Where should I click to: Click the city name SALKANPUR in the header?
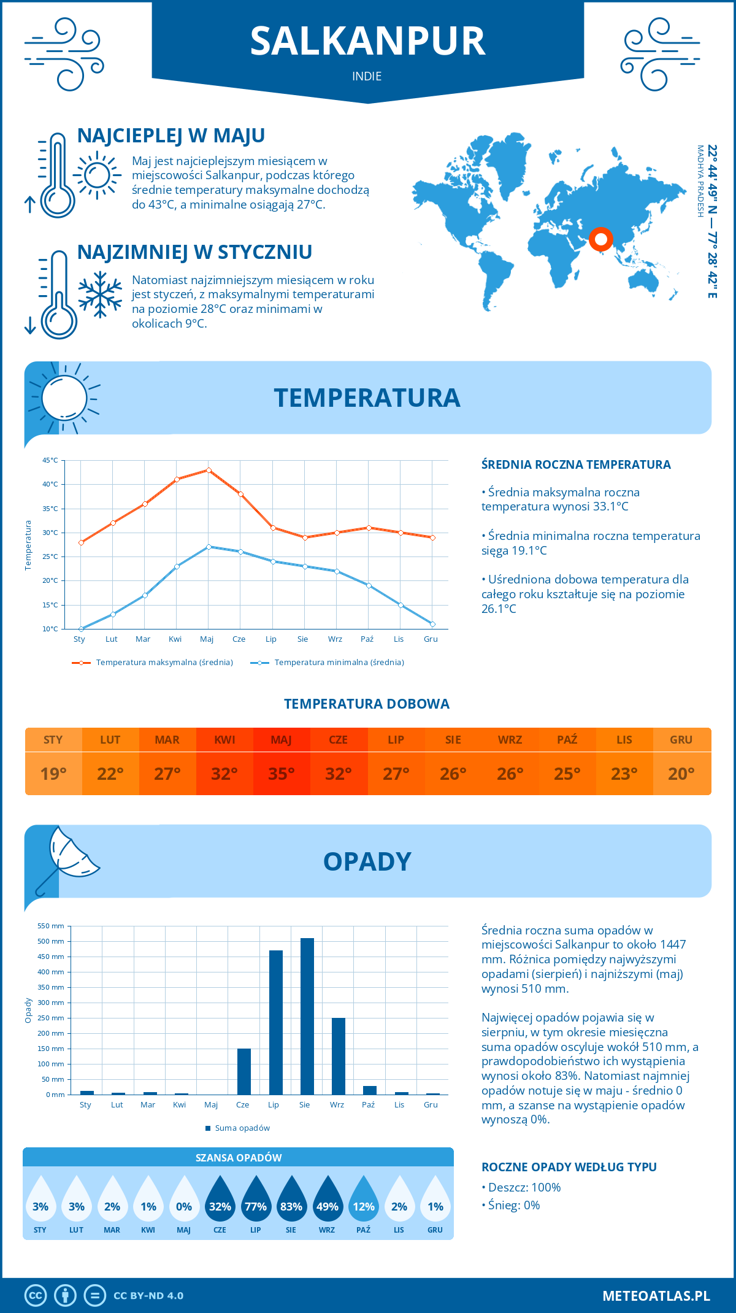coord(367,42)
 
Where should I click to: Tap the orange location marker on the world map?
coord(600,239)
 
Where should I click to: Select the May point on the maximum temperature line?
coord(209,470)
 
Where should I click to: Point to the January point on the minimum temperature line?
coord(81,629)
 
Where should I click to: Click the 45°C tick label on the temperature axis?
coord(50,460)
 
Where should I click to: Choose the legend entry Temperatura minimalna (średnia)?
coord(339,663)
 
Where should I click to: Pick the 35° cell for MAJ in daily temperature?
coord(282,774)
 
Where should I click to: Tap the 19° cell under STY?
coord(53,774)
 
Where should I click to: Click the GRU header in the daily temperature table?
coord(681,740)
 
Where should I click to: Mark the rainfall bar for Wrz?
coord(339,1056)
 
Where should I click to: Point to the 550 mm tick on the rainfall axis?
coord(51,926)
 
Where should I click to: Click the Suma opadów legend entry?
coord(242,1128)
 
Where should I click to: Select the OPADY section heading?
coord(367,862)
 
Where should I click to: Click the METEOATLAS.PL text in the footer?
coord(656,1296)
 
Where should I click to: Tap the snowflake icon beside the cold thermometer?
coord(100,295)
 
